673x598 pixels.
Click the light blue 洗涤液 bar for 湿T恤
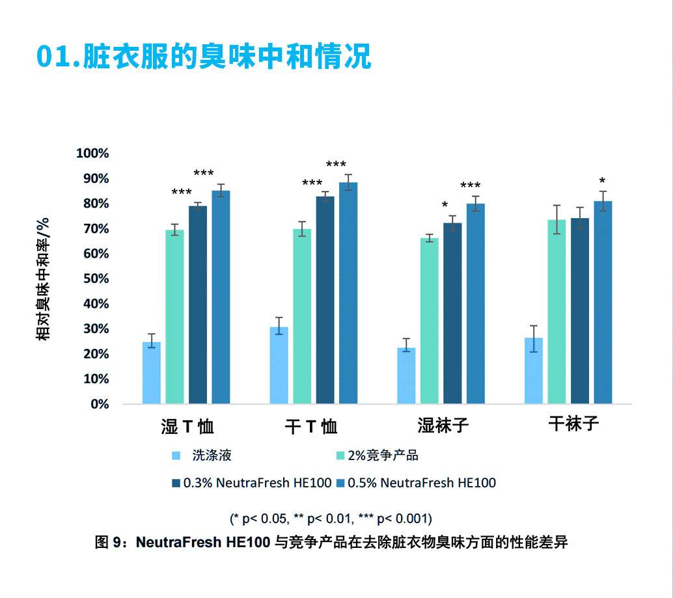151,373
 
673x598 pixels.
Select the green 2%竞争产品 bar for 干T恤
302,316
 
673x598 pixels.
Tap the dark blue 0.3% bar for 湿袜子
452,313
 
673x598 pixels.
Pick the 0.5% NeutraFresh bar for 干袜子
603,303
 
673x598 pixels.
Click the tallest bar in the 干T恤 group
348,293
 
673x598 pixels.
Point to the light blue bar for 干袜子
534,371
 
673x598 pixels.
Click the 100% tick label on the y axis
92,154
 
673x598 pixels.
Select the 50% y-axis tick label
95,279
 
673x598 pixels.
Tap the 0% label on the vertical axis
98,404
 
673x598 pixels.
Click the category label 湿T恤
187,427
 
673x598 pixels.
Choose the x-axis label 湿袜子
443,426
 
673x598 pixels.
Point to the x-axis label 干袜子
573,424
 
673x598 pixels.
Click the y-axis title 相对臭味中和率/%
43,279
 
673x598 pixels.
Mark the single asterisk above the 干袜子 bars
602,182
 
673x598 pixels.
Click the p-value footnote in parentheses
331,519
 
